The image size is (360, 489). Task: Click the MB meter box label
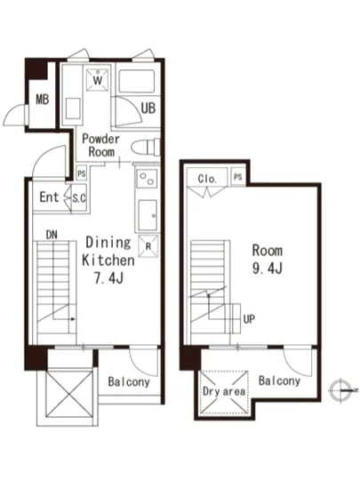click(x=43, y=100)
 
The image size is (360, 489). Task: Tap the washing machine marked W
click(x=98, y=79)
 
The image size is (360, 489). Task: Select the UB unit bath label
click(x=148, y=108)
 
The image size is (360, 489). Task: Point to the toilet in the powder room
click(x=146, y=147)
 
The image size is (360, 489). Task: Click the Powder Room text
click(x=101, y=146)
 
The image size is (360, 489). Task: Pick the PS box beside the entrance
click(x=82, y=173)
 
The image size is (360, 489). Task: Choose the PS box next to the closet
click(x=238, y=177)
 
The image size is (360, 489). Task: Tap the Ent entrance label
click(x=49, y=197)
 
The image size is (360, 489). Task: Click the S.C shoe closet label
click(x=79, y=198)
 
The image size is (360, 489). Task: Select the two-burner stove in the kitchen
click(x=147, y=179)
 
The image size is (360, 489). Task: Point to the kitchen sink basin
click(x=148, y=215)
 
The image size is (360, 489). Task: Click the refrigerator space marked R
click(x=148, y=246)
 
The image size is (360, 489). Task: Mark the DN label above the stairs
click(x=52, y=235)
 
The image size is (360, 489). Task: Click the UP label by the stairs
click(x=249, y=319)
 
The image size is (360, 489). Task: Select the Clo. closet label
click(x=207, y=179)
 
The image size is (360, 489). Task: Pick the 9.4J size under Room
click(x=268, y=268)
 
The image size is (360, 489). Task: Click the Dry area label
click(x=224, y=391)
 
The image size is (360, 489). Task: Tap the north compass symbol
click(x=340, y=389)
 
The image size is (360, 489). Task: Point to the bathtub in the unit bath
click(x=137, y=82)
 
